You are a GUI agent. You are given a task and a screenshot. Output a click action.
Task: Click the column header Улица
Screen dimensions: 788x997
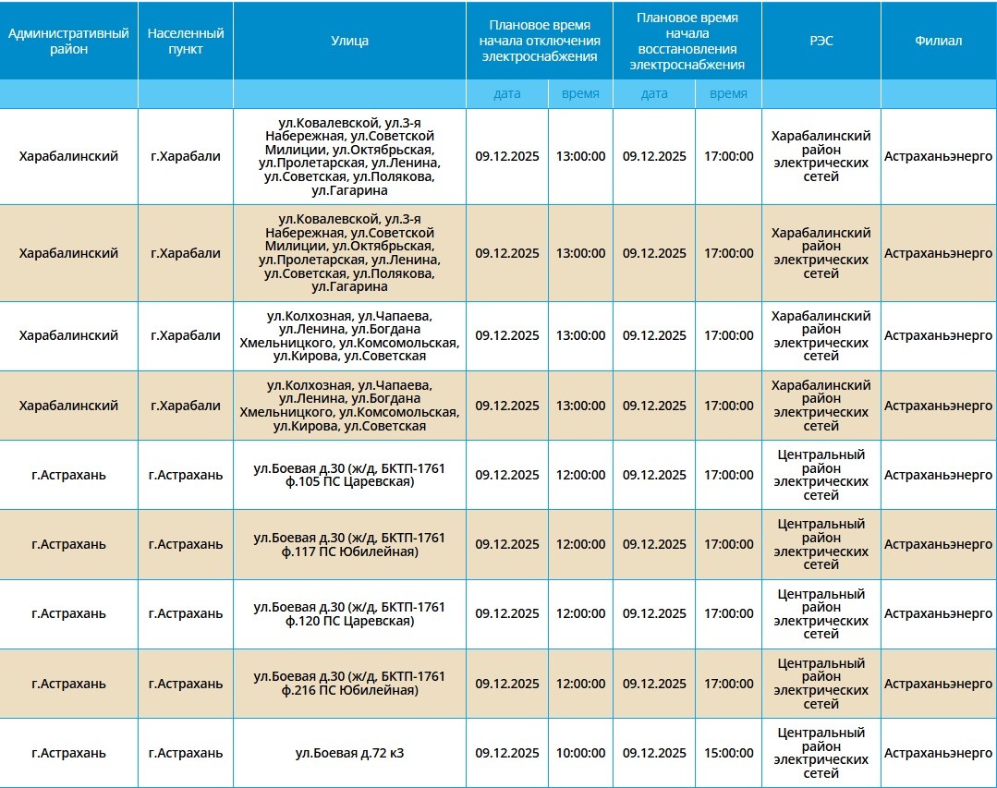349,41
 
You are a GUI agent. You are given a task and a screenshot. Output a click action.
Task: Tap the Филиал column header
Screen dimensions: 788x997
938,41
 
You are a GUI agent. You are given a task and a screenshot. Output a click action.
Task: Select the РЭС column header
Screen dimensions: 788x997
821,41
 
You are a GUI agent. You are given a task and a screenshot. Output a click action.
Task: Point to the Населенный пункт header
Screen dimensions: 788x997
185,41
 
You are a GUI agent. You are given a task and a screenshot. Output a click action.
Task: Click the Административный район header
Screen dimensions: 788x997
68,41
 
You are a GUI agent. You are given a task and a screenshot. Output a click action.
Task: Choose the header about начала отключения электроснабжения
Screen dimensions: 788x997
539,41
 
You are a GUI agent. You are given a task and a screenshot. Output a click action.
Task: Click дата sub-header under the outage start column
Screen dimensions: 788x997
507,93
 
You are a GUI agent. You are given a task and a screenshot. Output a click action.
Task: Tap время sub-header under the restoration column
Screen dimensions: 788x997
728,93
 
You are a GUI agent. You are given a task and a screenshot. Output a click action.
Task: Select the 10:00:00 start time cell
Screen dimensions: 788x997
580,753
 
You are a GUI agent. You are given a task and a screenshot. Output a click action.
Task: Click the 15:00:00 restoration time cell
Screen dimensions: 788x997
728,753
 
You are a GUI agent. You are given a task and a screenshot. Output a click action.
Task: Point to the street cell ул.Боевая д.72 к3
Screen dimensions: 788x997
349,753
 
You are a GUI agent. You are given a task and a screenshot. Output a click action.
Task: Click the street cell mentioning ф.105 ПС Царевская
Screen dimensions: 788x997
349,475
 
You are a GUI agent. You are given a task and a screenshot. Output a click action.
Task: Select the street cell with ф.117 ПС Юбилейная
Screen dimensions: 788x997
349,544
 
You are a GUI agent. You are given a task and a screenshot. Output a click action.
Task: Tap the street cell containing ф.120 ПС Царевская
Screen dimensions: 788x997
349,613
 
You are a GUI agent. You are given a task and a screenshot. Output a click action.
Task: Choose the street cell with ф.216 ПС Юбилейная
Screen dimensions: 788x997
349,684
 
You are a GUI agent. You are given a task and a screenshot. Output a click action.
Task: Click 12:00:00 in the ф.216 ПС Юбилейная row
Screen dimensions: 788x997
580,684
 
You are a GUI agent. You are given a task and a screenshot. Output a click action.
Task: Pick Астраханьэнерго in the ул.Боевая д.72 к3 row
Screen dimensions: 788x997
938,753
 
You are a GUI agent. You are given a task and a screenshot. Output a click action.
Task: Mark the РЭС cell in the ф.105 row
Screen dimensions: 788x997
821,475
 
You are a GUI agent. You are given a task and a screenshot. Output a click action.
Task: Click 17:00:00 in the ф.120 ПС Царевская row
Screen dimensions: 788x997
728,613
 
